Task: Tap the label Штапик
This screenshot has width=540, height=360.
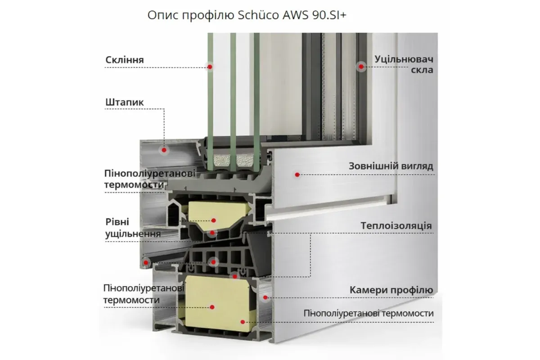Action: coord(125,103)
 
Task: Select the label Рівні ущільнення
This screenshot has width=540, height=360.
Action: coord(133,228)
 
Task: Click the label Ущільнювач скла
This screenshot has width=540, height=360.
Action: coord(404,64)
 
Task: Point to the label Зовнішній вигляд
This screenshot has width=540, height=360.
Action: coord(391,166)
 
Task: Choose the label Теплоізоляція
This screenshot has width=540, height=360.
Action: coord(396,226)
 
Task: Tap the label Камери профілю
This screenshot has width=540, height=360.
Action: coord(391,289)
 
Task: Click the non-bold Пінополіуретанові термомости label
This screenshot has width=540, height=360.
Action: coord(369,313)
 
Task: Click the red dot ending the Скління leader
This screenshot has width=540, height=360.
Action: coord(210,67)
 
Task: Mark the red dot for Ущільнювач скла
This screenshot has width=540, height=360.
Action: coord(360,67)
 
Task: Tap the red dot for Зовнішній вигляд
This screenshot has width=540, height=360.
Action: coord(297,174)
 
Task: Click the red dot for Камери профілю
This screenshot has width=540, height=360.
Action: coord(265,297)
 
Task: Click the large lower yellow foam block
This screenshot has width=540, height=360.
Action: coord(216,301)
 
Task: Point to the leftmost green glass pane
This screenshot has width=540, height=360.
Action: coord(210,90)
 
